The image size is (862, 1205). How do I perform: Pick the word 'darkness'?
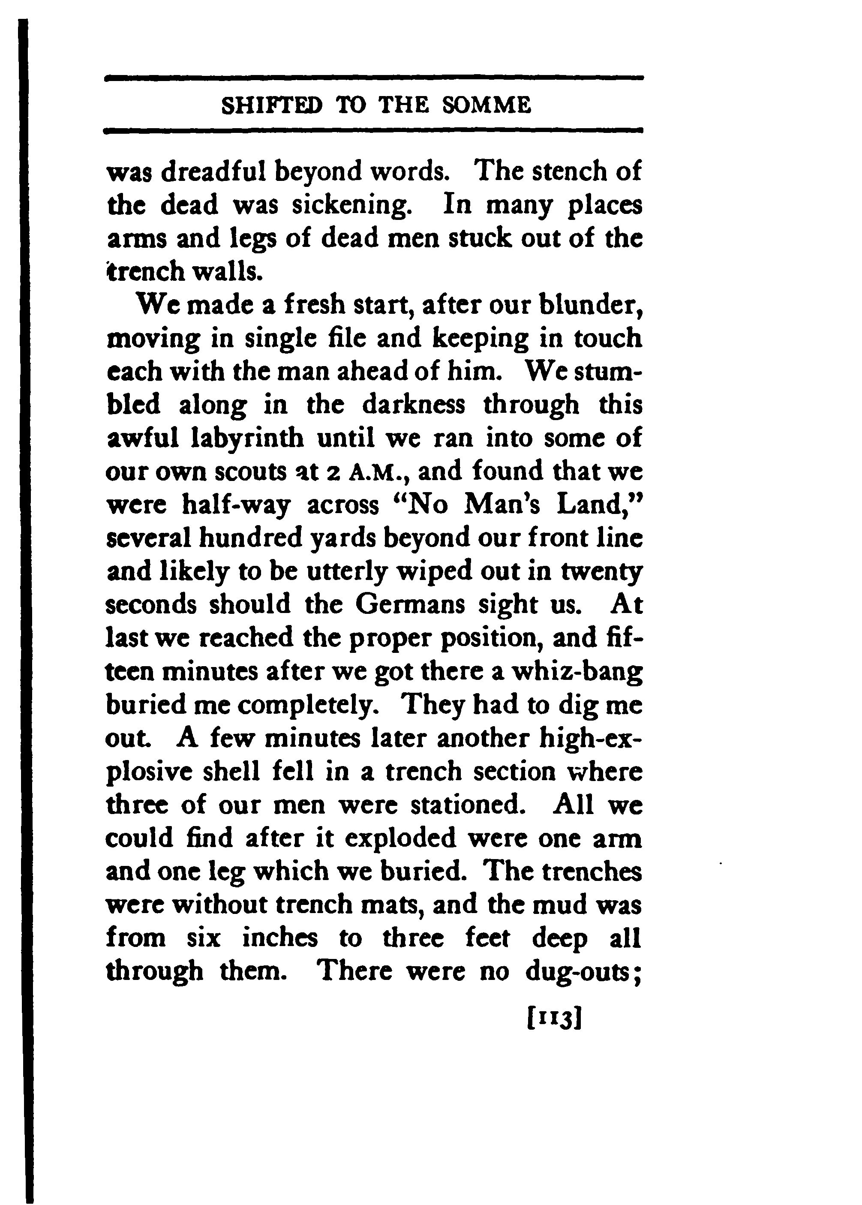[x=414, y=406]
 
